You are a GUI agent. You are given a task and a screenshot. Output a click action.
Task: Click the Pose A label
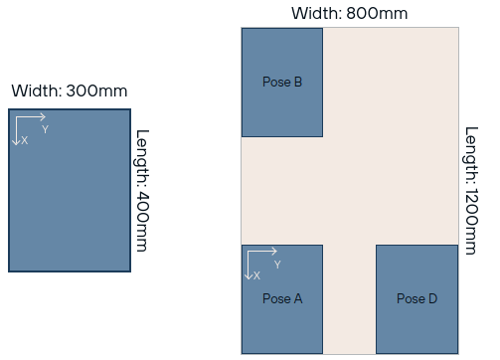click(282, 298)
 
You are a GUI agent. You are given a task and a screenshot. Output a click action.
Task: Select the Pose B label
click(282, 82)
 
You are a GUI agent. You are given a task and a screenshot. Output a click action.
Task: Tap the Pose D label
click(417, 298)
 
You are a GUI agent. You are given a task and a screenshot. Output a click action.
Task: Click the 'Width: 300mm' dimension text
click(70, 90)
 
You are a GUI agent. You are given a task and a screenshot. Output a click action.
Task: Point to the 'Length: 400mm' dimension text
click(142, 191)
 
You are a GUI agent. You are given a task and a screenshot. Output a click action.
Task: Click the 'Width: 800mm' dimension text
click(350, 13)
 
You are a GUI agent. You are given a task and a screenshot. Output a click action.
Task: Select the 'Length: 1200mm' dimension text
click(471, 191)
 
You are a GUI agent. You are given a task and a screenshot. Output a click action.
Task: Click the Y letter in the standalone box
click(46, 129)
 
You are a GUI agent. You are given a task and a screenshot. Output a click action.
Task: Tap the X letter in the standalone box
click(25, 140)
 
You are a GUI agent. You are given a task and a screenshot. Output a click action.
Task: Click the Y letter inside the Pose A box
click(277, 265)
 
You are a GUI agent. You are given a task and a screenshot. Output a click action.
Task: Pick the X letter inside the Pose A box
click(256, 275)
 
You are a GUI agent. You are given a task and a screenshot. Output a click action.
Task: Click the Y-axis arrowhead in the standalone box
click(43, 117)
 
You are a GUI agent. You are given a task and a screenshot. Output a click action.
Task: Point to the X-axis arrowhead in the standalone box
click(16, 142)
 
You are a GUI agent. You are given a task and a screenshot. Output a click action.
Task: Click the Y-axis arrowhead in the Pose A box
click(274, 252)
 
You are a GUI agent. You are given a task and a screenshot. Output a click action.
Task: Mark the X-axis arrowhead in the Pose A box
click(249, 276)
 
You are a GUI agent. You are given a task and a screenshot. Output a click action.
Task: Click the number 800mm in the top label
click(377, 13)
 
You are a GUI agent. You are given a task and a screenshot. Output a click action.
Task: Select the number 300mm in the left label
click(96, 90)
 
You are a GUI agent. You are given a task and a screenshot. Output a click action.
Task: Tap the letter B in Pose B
click(298, 82)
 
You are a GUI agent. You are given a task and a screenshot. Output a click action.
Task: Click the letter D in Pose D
click(433, 298)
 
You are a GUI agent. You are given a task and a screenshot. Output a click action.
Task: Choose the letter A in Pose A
click(298, 298)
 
